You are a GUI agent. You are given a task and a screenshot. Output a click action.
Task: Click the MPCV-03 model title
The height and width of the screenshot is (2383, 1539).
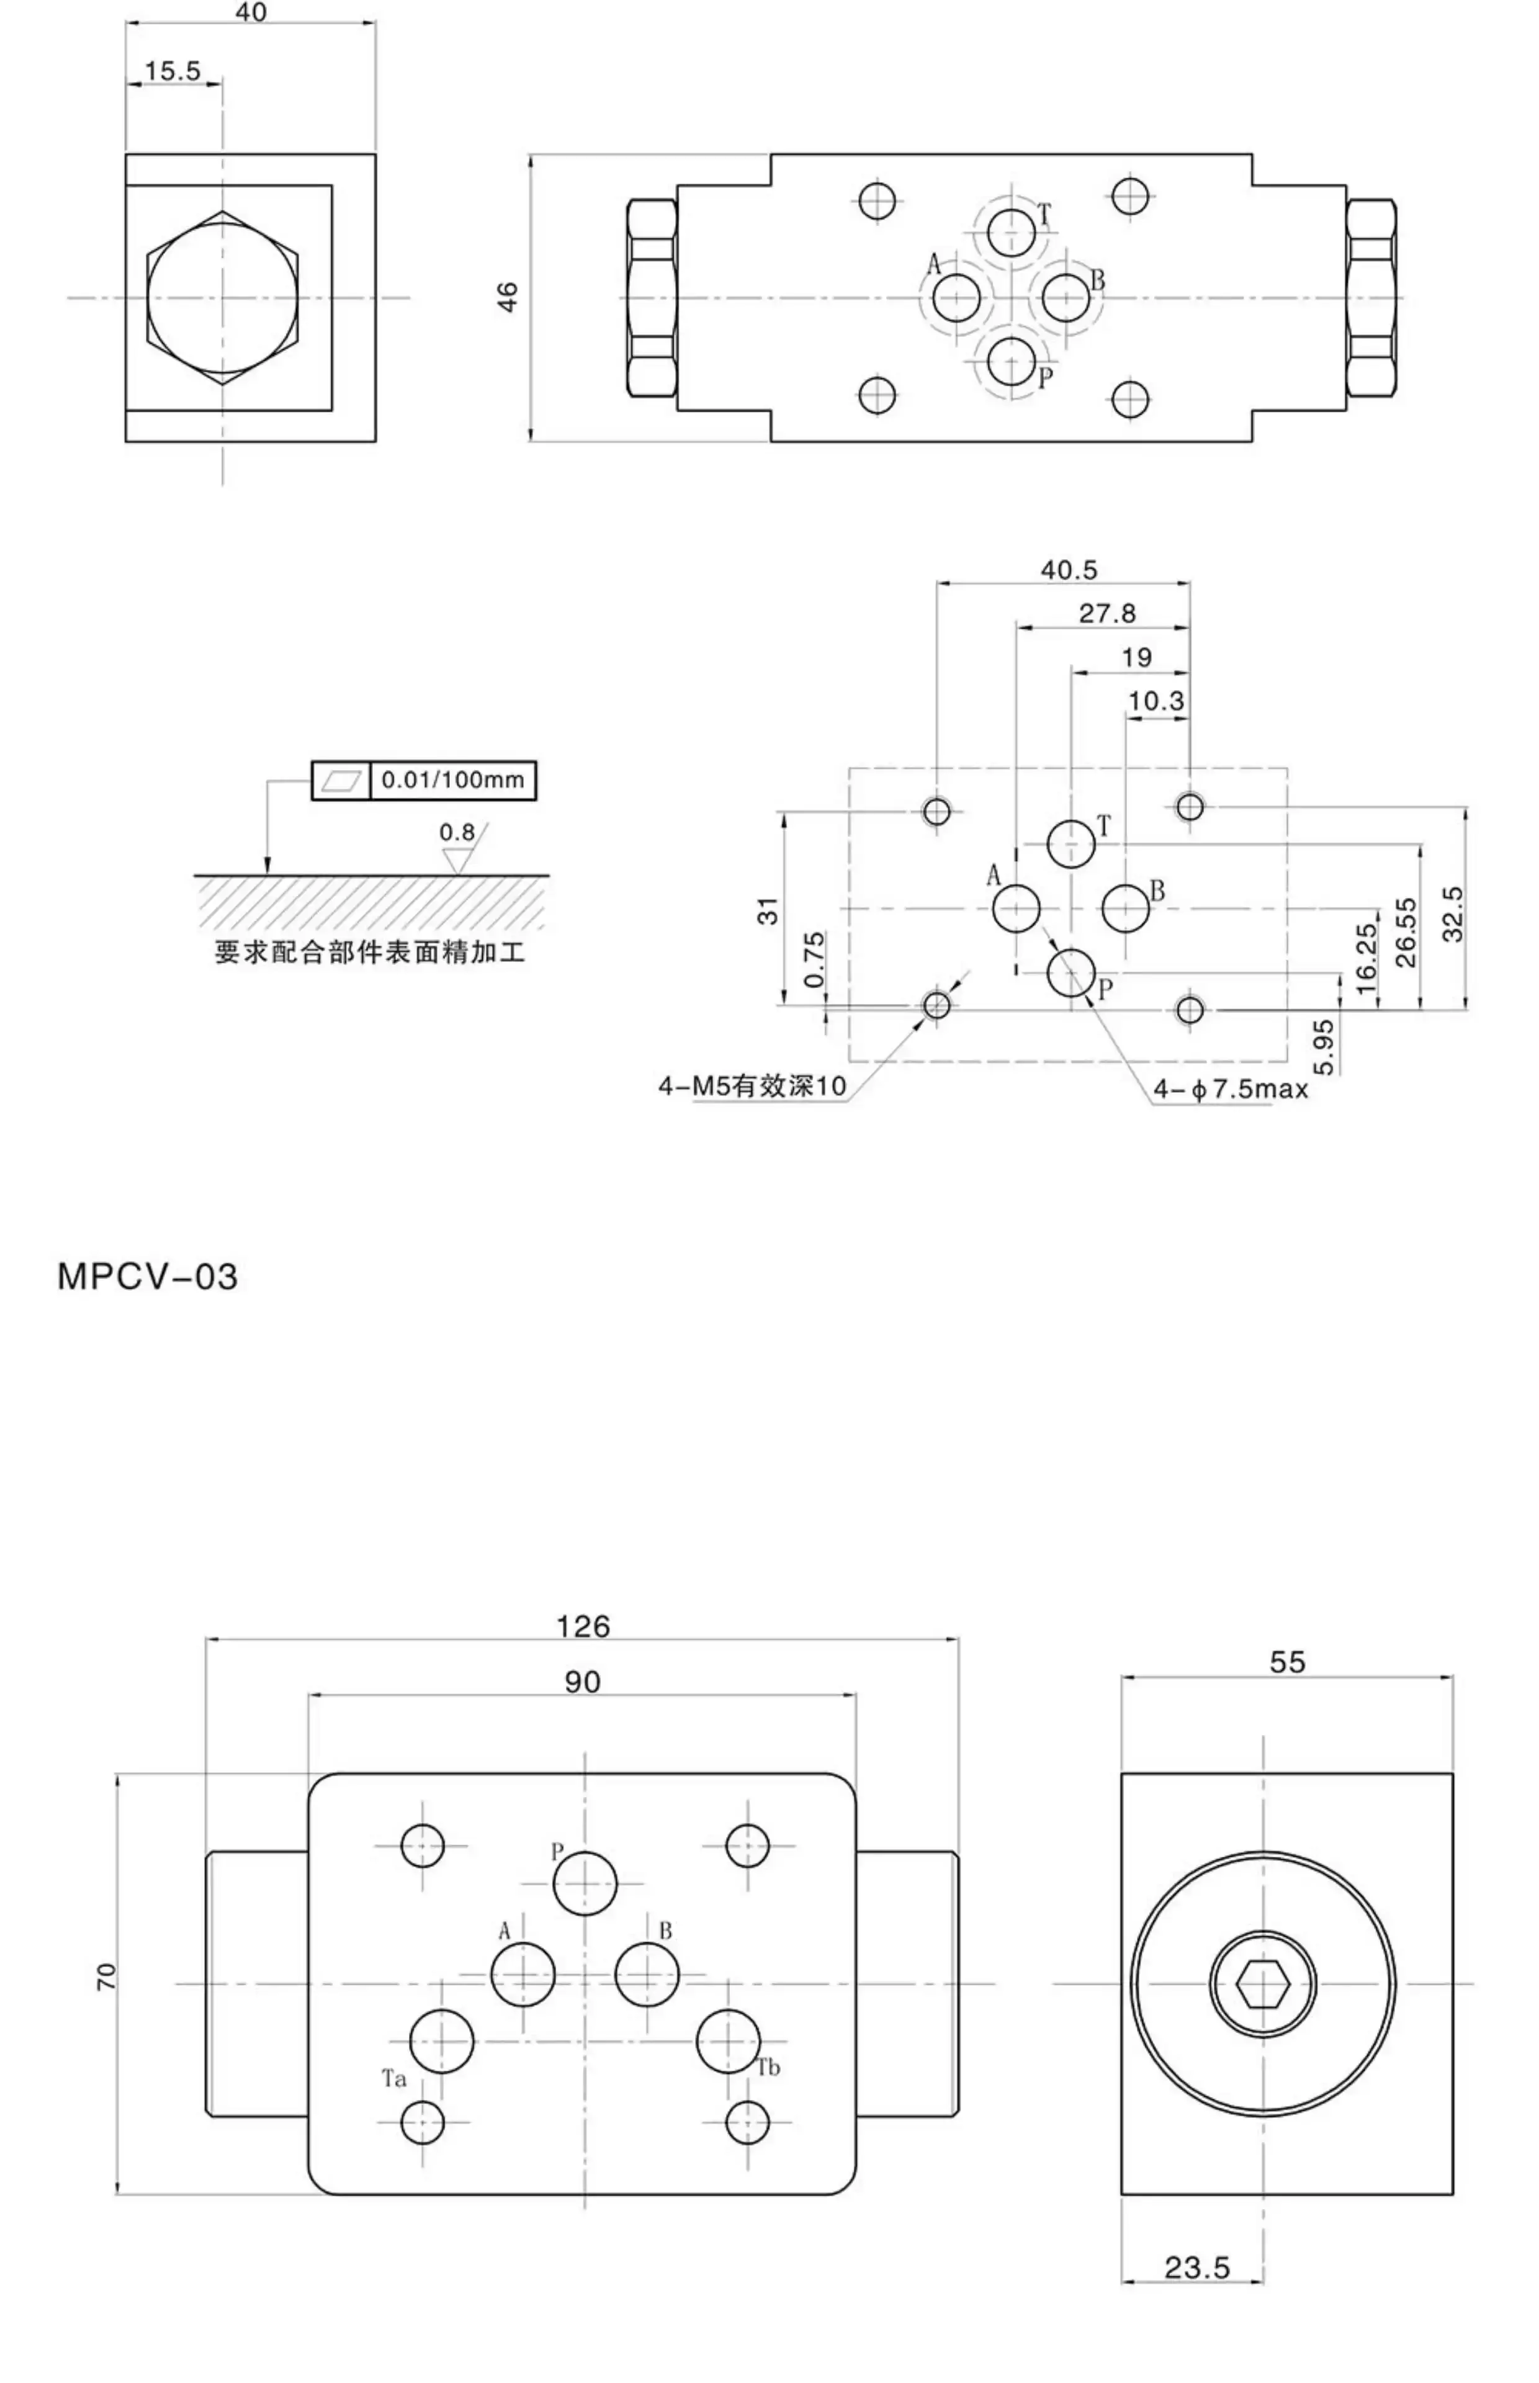coord(147,1277)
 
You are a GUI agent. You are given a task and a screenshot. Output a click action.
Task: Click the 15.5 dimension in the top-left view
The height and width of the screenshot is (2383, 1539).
coord(172,71)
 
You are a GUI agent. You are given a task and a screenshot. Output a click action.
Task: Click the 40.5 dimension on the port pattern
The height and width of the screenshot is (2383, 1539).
coord(1069,570)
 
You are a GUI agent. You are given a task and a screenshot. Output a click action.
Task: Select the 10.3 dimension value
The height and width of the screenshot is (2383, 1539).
coord(1155,701)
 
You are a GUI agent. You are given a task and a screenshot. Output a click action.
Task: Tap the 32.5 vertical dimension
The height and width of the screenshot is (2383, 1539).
coord(1453,913)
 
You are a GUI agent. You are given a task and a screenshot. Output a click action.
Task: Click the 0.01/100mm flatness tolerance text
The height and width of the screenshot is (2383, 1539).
coord(453,779)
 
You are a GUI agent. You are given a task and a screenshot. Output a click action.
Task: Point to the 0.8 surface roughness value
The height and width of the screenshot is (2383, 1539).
coord(457,832)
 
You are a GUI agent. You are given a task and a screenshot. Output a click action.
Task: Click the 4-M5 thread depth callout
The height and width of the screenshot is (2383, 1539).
coord(752,1086)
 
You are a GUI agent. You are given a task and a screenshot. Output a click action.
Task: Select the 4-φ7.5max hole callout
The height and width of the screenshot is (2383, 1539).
coord(1230,1089)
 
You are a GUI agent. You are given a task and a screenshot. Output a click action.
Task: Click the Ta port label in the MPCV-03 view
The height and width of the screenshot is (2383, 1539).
coord(393,2080)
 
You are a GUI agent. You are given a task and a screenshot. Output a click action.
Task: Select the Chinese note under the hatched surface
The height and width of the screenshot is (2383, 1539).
coord(370,952)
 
